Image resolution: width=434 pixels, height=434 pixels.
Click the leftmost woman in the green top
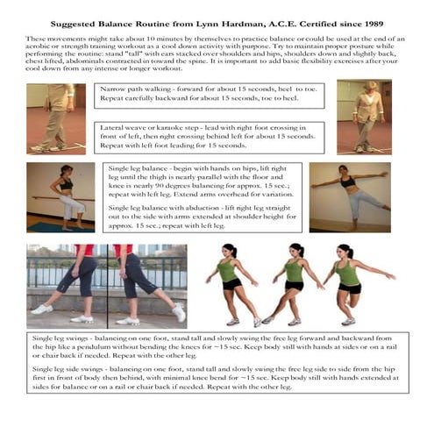(233, 285)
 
